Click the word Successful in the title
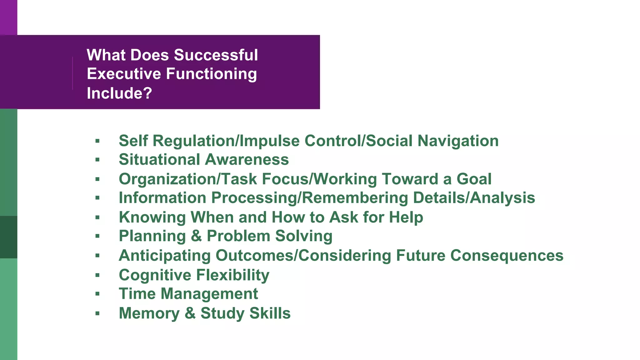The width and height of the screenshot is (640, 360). [216, 55]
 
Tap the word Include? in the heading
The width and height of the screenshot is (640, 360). [119, 93]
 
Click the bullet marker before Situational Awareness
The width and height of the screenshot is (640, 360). [97, 160]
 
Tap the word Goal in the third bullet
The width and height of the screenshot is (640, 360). [474, 179]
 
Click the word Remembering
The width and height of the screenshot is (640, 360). [355, 198]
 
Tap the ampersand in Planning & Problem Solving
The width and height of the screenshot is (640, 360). [196, 236]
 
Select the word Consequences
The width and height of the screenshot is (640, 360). [507, 256]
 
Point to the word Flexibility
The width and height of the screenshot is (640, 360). [232, 275]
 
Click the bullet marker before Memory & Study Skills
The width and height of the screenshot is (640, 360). [97, 313]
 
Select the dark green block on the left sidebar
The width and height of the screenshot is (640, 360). [8, 237]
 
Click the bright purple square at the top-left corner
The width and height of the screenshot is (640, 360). [8, 17]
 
